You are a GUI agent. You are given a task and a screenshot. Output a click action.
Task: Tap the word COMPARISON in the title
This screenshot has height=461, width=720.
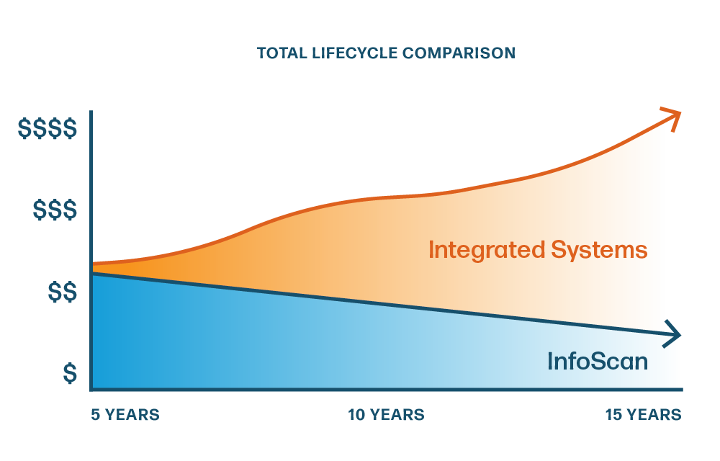(x=459, y=53)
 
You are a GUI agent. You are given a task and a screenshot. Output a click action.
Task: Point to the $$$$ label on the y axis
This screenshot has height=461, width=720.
(x=48, y=128)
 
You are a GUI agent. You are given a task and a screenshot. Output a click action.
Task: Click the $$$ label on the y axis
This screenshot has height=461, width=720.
(x=55, y=210)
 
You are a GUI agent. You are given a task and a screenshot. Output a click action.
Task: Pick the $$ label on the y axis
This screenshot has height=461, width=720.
(x=63, y=292)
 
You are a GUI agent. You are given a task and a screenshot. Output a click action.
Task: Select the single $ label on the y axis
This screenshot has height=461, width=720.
(x=70, y=373)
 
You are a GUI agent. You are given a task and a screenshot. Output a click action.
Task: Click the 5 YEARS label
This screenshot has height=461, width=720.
(x=125, y=415)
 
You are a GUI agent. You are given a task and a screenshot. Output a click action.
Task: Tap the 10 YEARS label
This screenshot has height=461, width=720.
(x=386, y=415)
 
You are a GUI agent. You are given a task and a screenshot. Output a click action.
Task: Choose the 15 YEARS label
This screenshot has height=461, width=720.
(x=643, y=415)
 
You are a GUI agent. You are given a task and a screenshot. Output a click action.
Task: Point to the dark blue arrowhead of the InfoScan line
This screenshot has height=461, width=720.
(x=673, y=335)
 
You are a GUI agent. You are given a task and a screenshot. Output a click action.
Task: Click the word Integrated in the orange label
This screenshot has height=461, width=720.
(x=487, y=251)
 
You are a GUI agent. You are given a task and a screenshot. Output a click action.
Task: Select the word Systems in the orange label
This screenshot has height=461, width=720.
(x=599, y=251)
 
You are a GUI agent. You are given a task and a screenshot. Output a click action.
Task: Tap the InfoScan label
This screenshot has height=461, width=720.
(x=598, y=361)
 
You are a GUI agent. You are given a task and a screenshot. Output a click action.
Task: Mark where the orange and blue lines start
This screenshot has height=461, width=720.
(x=93, y=269)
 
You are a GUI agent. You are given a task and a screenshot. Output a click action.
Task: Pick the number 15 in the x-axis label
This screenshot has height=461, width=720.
(x=613, y=415)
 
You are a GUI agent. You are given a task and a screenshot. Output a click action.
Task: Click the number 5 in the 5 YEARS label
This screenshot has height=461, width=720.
(x=96, y=415)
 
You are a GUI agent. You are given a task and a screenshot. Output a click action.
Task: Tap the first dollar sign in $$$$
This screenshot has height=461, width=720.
(x=24, y=128)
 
